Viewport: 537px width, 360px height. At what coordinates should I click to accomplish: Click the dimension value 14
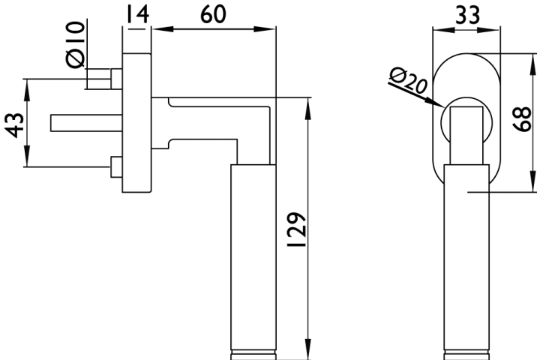coord(136,13)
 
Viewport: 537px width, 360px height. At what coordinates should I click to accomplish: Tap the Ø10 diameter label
coord(76,45)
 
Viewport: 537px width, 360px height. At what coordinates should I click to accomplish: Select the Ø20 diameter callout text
coord(409,80)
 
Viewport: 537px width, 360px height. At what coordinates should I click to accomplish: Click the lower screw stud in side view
coord(114,166)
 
